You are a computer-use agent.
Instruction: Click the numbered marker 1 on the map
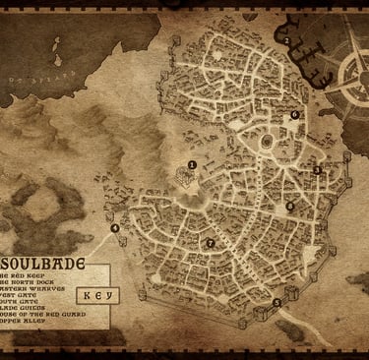192,164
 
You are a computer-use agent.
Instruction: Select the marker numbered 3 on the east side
317,170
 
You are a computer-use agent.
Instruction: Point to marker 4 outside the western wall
115,228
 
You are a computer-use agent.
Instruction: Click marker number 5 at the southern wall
276,302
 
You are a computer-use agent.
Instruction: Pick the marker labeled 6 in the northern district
294,115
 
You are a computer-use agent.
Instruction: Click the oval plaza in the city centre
265,145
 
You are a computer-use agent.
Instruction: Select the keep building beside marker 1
183,177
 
